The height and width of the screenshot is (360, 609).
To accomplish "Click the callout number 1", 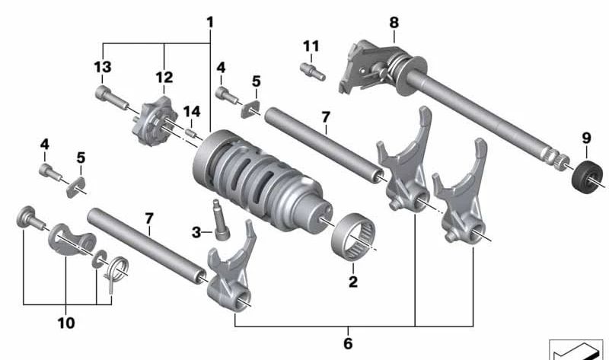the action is tap(210, 22).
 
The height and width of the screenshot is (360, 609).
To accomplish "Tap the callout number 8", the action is tap(394, 23).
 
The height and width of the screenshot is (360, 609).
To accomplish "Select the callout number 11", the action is tap(311, 46).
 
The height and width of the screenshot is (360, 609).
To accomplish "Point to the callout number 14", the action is tap(192, 111).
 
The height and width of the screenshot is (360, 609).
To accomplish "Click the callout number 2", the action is tap(352, 282).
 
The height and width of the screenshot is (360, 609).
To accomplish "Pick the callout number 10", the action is tap(66, 323).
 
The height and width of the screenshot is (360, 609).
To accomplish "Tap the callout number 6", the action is tap(348, 343).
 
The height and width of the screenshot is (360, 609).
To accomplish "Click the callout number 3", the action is tap(196, 233).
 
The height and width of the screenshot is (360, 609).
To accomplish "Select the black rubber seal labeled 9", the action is tap(588, 177).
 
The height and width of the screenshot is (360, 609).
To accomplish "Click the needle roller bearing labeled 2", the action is tap(353, 236).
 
